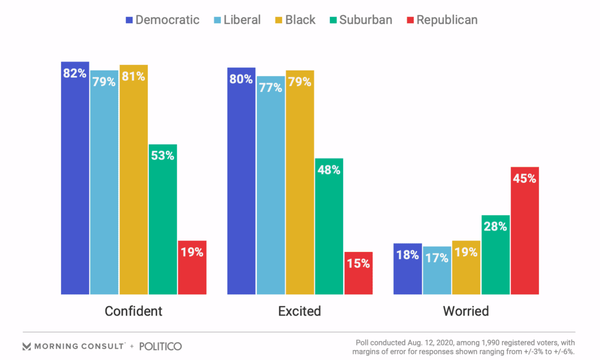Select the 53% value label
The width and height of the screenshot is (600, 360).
(x=162, y=155)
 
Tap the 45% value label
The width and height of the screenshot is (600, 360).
(x=524, y=178)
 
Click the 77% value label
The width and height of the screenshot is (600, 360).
(x=270, y=87)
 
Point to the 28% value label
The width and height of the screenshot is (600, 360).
(x=495, y=226)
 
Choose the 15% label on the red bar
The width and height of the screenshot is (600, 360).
(x=358, y=263)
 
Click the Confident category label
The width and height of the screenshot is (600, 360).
(x=133, y=311)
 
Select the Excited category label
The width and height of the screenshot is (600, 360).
(x=299, y=311)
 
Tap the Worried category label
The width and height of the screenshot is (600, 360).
(x=465, y=311)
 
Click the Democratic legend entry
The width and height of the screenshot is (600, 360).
(x=162, y=20)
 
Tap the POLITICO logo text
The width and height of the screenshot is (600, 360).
(x=160, y=346)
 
